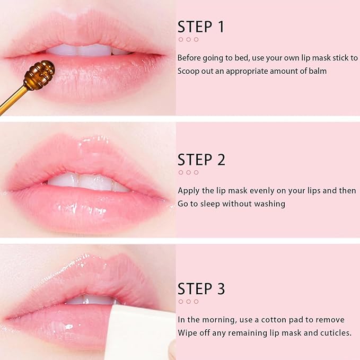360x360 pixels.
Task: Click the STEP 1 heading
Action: [x=201, y=27]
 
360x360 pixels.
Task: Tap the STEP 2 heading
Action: [x=201, y=159]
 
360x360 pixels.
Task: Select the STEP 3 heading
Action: [x=201, y=289]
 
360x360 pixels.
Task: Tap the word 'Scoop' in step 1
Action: [x=188, y=71]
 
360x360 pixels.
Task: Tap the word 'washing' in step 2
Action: [x=270, y=204]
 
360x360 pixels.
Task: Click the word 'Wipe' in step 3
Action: [x=188, y=332]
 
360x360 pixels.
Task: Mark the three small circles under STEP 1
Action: [x=188, y=39]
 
